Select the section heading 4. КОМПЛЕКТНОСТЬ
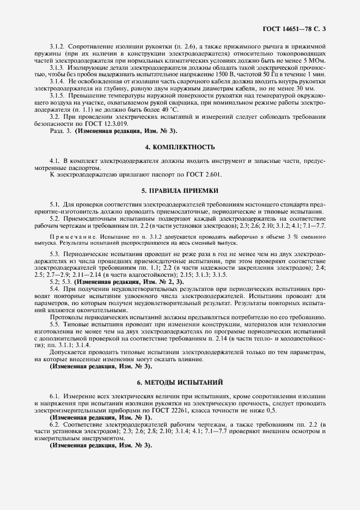pyautogui.click(x=180, y=147)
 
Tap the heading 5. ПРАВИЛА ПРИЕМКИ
pyautogui.click(x=180, y=191)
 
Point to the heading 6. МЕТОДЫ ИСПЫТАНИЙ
pyautogui.click(x=180, y=383)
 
